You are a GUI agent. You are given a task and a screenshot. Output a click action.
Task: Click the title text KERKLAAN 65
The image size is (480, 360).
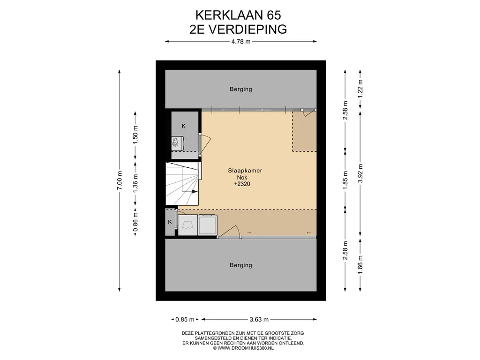pyautogui.click(x=238, y=15)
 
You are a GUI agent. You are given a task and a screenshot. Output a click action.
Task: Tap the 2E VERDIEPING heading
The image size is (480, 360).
pyautogui.click(x=238, y=30)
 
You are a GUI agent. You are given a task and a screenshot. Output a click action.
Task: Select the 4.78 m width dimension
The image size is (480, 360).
pyautogui.click(x=241, y=42)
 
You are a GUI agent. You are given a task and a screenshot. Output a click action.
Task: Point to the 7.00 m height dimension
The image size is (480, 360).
pyautogui.click(x=120, y=180)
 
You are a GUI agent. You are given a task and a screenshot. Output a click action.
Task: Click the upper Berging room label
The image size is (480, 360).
pyautogui.click(x=241, y=89)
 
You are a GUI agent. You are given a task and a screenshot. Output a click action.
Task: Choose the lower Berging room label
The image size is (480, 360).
pyautogui.click(x=241, y=265)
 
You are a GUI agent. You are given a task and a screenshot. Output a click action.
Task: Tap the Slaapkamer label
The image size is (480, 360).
pyautogui.click(x=245, y=171)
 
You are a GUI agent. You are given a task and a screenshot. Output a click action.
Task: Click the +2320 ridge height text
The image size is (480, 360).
pyautogui.click(x=242, y=184)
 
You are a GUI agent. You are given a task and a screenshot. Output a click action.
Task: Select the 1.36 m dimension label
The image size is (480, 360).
pyautogui.click(x=135, y=184)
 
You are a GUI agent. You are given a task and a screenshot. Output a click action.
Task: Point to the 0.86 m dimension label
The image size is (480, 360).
pyautogui.click(x=135, y=222)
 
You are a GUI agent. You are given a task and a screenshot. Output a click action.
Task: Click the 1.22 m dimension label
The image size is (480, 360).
pyautogui.click(x=360, y=89)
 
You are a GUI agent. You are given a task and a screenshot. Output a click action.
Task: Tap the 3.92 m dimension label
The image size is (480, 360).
pyautogui.click(x=360, y=173)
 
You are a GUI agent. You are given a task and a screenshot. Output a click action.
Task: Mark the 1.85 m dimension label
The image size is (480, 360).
pyautogui.click(x=345, y=180)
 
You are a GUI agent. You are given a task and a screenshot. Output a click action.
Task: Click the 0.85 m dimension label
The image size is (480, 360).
pyautogui.click(x=185, y=320)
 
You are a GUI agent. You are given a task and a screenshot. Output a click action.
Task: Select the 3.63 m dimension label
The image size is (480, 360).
pyautogui.click(x=259, y=320)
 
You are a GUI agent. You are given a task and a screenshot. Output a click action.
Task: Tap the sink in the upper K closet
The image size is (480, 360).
pyautogui.click(x=175, y=142)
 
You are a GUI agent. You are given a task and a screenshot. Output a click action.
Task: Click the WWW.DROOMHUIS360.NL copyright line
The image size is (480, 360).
pyautogui.click(x=243, y=348)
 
